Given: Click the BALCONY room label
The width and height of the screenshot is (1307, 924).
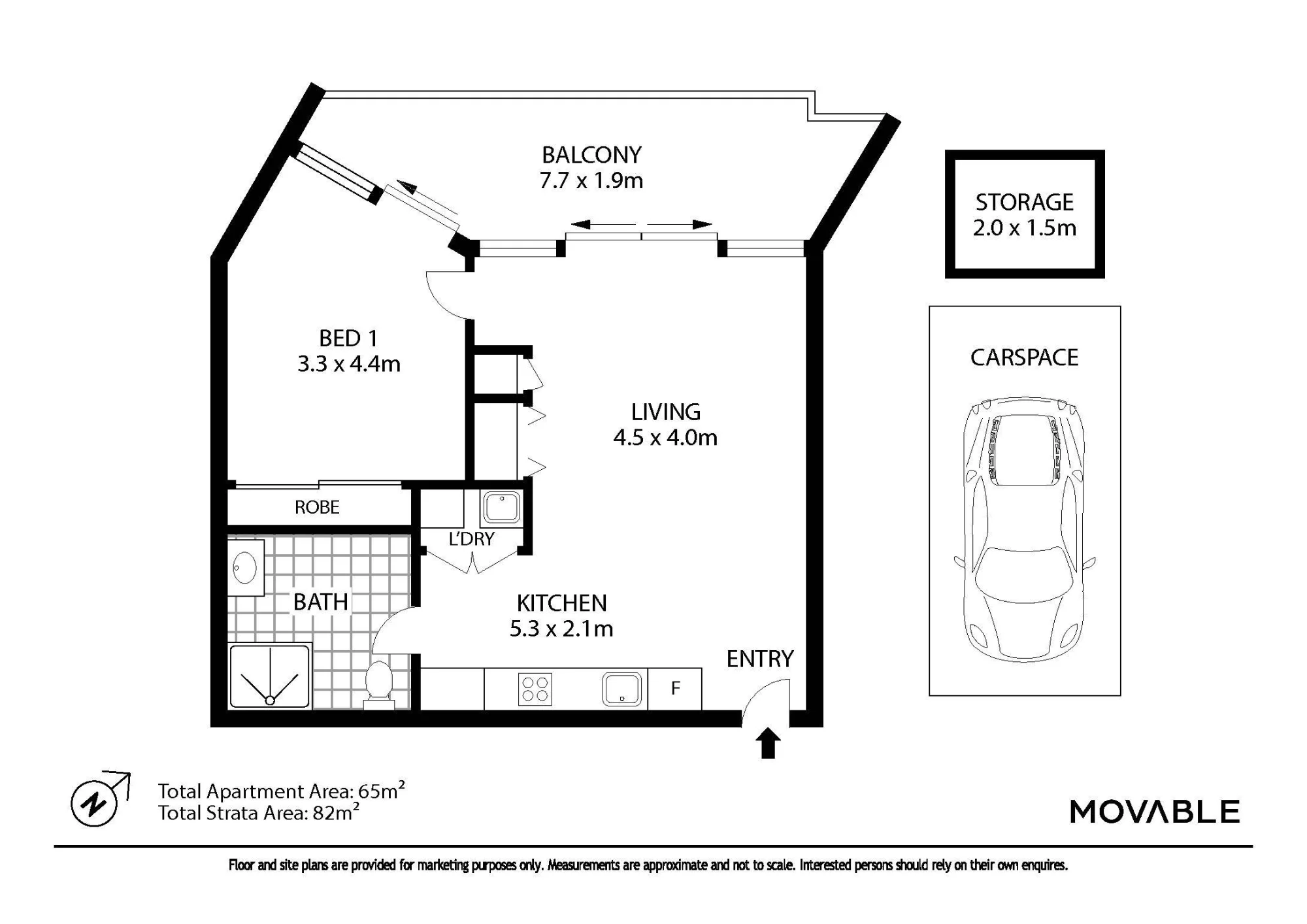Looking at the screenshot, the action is [591, 155].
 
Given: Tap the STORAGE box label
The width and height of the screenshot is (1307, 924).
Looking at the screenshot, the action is [1025, 203].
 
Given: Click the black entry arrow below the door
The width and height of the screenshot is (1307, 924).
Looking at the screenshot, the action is [769, 743].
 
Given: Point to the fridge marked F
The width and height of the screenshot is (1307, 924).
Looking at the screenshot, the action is [675, 688].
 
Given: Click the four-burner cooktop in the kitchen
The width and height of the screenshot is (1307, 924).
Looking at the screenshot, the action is [535, 689].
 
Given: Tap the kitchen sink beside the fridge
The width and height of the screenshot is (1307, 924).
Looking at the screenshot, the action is [621, 689].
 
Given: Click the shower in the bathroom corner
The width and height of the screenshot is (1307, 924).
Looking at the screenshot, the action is [269, 676].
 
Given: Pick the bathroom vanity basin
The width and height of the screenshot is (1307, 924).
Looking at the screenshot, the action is [244, 567].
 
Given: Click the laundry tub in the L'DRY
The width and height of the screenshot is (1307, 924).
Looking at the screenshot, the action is [502, 508].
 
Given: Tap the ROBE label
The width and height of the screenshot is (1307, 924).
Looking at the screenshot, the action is [317, 507].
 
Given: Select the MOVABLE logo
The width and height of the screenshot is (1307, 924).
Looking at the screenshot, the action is [1154, 812].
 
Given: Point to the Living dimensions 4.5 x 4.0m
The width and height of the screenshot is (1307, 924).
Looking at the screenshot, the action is [665, 438].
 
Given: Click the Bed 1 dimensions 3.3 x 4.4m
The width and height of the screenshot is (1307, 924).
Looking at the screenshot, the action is [349, 364].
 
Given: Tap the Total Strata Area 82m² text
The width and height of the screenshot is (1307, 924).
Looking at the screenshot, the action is [259, 812].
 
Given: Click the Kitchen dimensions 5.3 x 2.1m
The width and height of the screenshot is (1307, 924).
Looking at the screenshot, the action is [561, 629].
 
